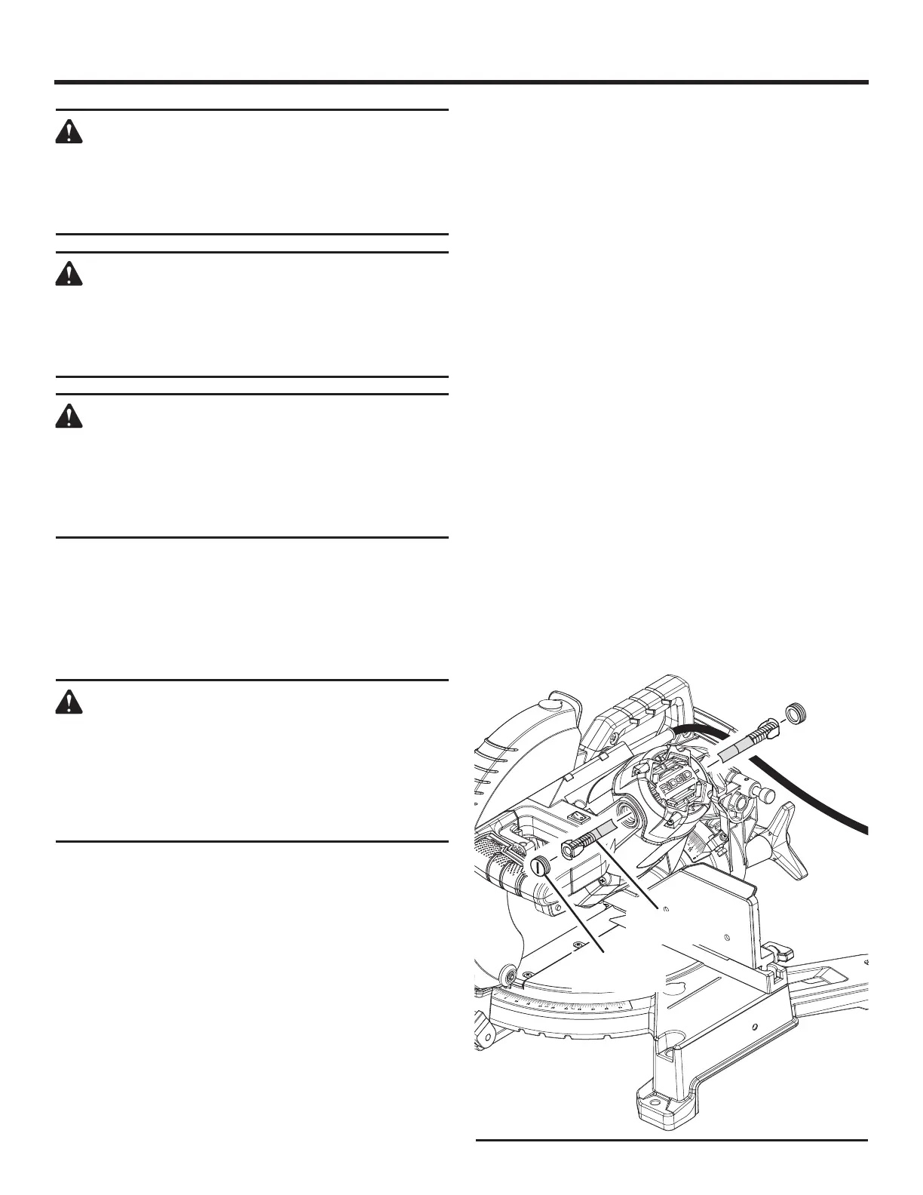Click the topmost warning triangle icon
click(69, 133)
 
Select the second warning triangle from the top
click(69, 275)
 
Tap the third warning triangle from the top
click(69, 416)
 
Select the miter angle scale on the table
click(573, 1003)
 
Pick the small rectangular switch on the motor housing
click(577, 816)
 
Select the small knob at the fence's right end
click(775, 948)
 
